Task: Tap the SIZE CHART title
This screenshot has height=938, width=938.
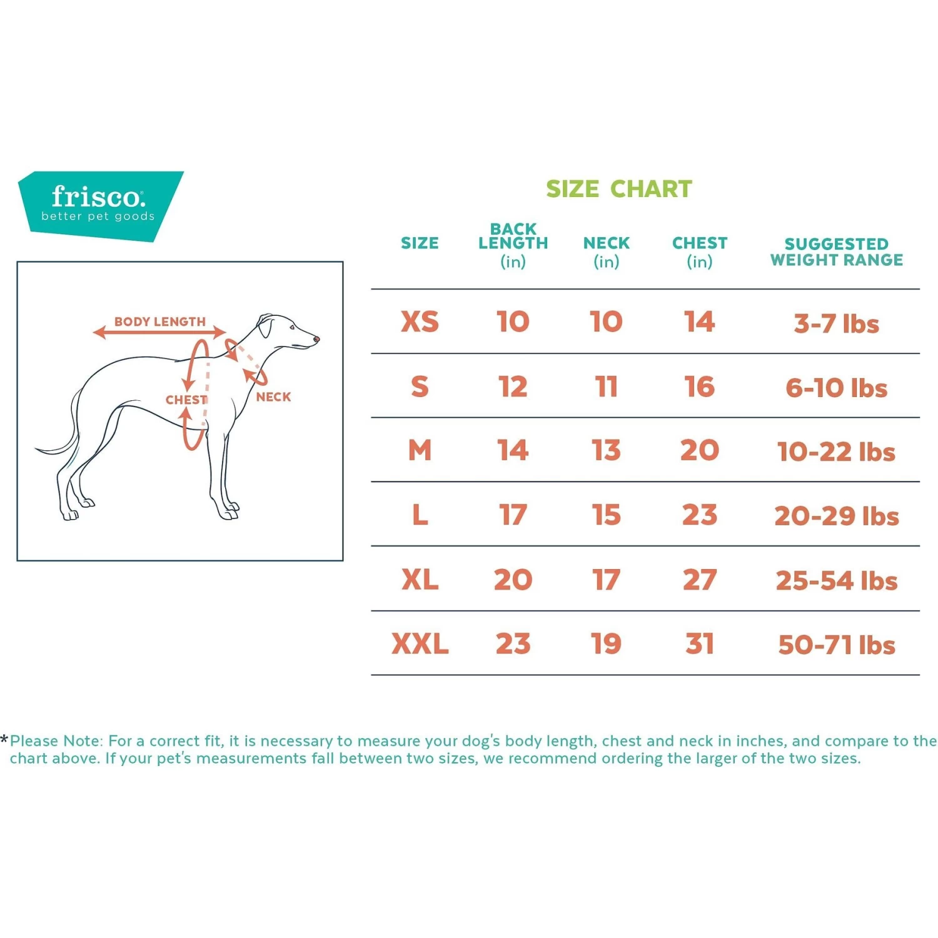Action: pos(618,189)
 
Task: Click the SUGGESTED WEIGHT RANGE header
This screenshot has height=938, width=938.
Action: pos(836,252)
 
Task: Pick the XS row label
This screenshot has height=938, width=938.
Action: pos(420,322)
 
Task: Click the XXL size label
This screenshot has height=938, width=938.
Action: pos(420,644)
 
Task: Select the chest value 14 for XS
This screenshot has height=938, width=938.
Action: pos(699,322)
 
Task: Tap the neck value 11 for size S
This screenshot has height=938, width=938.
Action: pos(606,387)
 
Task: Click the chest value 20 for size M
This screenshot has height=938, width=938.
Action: pos(699,451)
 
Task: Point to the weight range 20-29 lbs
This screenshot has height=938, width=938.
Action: pos(836,517)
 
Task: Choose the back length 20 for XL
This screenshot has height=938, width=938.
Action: pos(513,580)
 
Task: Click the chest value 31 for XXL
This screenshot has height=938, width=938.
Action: pos(699,644)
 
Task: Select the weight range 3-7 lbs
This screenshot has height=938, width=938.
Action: pos(836,324)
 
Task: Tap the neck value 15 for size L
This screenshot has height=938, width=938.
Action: pos(606,515)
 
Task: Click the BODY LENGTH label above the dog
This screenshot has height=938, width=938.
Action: pos(159,321)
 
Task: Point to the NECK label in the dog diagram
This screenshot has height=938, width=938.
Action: pos(273,397)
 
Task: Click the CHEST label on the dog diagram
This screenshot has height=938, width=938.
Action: pos(186,400)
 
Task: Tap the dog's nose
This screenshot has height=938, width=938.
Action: pos(317,340)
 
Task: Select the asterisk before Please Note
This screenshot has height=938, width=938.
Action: pos(4,740)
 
